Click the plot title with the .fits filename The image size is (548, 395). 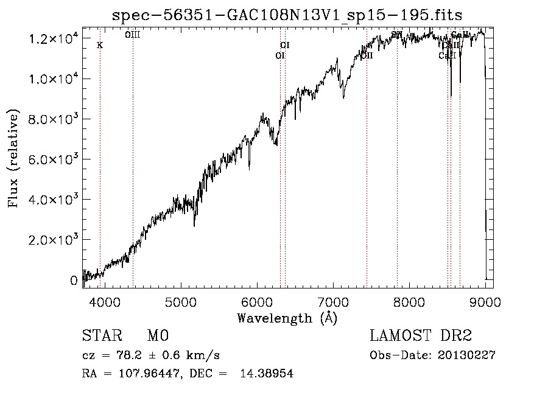click(x=292, y=15)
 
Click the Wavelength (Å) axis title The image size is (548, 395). click(x=287, y=318)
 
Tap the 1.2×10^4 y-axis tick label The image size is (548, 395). click(x=54, y=39)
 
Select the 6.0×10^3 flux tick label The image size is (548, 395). click(x=54, y=159)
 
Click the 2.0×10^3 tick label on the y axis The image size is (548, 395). click(x=54, y=240)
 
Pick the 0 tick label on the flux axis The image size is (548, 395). click(x=74, y=281)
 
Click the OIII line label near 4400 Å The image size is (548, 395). click(x=132, y=35)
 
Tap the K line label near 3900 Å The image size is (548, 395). click(x=100, y=45)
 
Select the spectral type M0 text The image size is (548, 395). click(x=157, y=336)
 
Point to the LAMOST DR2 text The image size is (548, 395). click(x=421, y=336)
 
